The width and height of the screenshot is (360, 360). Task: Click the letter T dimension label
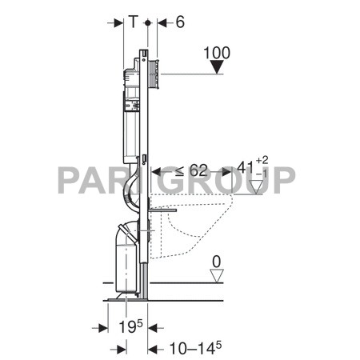[133, 23]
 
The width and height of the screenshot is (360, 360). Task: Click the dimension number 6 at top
[179, 23]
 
